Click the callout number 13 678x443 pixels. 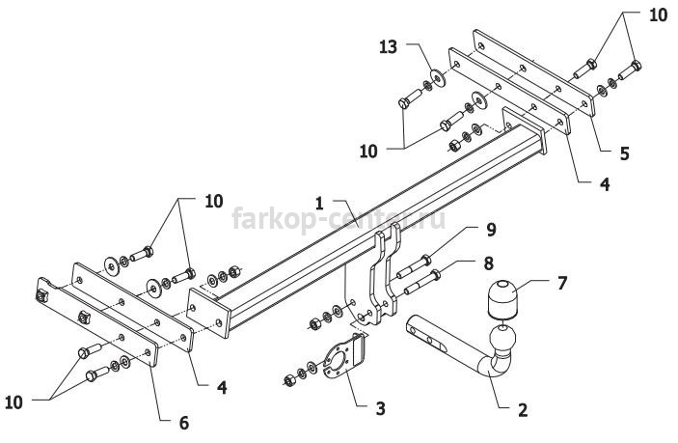pyautogui.click(x=389, y=46)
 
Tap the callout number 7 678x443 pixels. pyautogui.click(x=561, y=284)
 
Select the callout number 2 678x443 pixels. pyautogui.click(x=523, y=409)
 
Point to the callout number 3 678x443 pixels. pyautogui.click(x=381, y=408)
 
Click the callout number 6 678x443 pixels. pyautogui.click(x=184, y=423)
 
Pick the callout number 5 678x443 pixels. pyautogui.click(x=625, y=153)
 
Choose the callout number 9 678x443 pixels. pyautogui.click(x=491, y=230)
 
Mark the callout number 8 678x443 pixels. pyautogui.click(x=489, y=263)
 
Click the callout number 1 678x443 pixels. pyautogui.click(x=319, y=204)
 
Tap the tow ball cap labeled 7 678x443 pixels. pyautogui.click(x=502, y=299)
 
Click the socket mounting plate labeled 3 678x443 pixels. pyautogui.click(x=343, y=360)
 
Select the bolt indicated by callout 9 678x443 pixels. pyautogui.click(x=413, y=267)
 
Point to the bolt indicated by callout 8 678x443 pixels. pyautogui.click(x=422, y=282)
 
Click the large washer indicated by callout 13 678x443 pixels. pyautogui.click(x=440, y=78)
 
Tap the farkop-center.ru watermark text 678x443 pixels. pyautogui.click(x=339, y=219)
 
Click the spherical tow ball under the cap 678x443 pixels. pyautogui.click(x=502, y=338)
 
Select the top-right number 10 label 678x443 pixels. pyautogui.click(x=658, y=15)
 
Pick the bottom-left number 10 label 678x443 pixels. pyautogui.click(x=14, y=402)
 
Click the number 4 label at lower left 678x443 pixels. pyautogui.click(x=222, y=387)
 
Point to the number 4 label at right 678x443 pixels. pyautogui.click(x=605, y=184)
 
